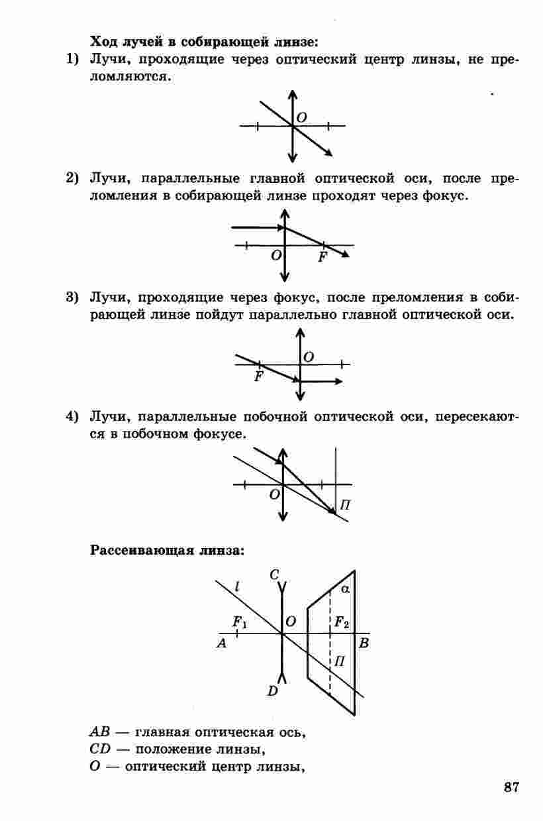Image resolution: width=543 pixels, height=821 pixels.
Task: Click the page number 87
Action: tap(511, 788)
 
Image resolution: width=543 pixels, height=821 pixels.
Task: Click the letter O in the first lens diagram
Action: tap(302, 117)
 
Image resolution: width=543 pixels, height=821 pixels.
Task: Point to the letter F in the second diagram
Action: tap(322, 257)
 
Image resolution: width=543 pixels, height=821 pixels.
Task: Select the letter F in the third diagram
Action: tap(258, 376)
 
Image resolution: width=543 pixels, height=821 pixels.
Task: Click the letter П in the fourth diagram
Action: tap(344, 506)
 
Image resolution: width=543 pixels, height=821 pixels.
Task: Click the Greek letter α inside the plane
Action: tap(344, 588)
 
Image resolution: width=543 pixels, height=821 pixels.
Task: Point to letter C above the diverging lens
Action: tap(274, 575)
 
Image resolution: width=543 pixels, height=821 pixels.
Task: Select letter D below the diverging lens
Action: tap(272, 691)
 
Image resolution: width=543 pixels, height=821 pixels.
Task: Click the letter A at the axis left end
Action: tap(222, 643)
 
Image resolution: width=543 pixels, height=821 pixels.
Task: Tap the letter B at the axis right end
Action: tap(363, 643)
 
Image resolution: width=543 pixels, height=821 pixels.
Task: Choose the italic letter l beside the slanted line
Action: tap(237, 586)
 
